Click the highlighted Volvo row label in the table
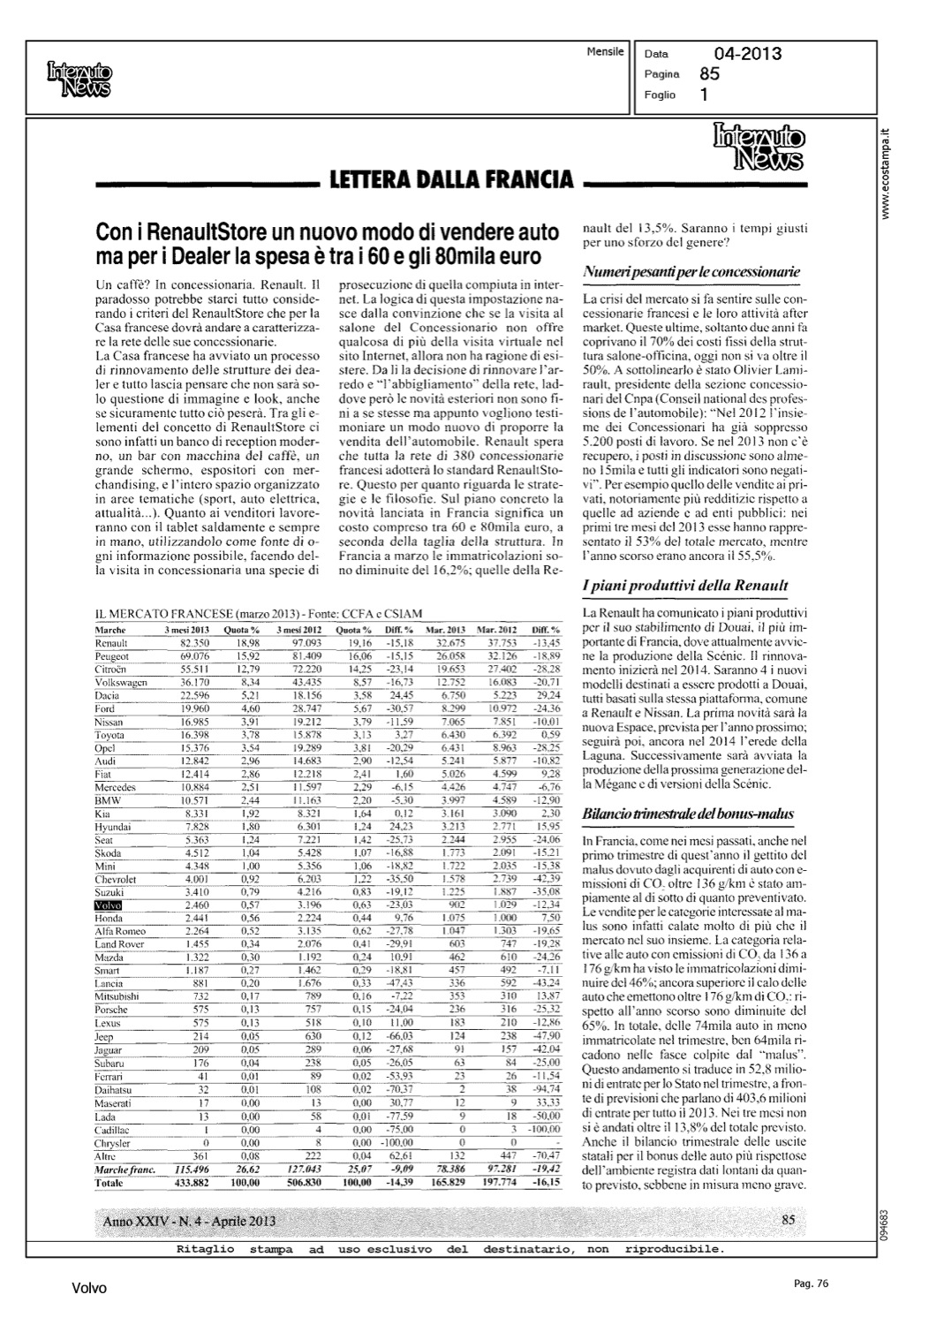[x=108, y=906]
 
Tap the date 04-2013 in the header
[x=748, y=55]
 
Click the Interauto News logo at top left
[x=79, y=80]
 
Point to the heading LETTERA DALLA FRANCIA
[x=450, y=181]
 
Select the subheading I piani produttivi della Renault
[x=685, y=586]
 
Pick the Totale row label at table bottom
[x=110, y=1181]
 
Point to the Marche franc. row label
[x=125, y=1169]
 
